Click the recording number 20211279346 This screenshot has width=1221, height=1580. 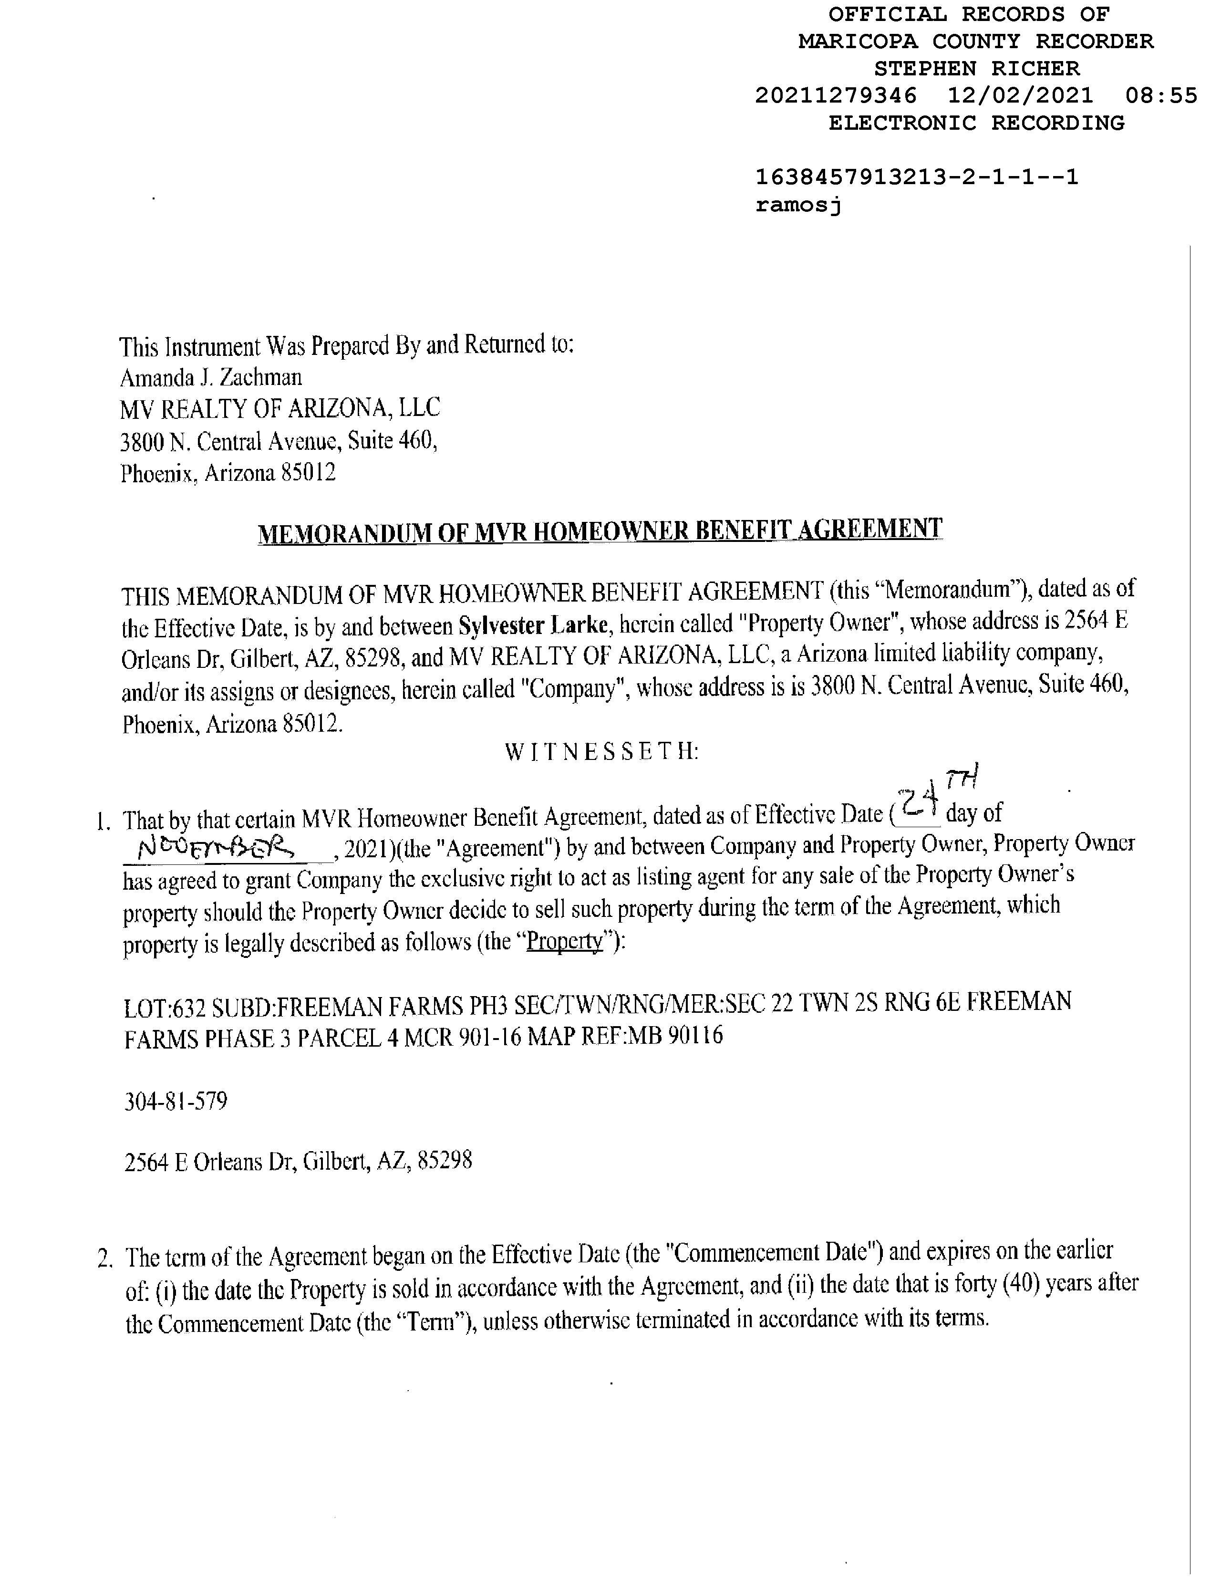click(x=836, y=95)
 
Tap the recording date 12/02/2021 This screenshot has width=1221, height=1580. click(x=1020, y=95)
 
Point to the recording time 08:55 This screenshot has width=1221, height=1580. click(x=1161, y=95)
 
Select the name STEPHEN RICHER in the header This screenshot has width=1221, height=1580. click(x=976, y=69)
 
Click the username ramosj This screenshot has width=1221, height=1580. click(x=798, y=206)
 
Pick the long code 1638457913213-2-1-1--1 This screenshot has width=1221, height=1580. click(x=917, y=177)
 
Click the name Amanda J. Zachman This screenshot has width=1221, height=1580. click(x=210, y=378)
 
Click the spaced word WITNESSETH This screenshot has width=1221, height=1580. click(x=601, y=752)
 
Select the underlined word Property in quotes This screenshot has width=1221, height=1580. click(x=564, y=942)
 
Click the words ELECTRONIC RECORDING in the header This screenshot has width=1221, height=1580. click(x=976, y=123)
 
